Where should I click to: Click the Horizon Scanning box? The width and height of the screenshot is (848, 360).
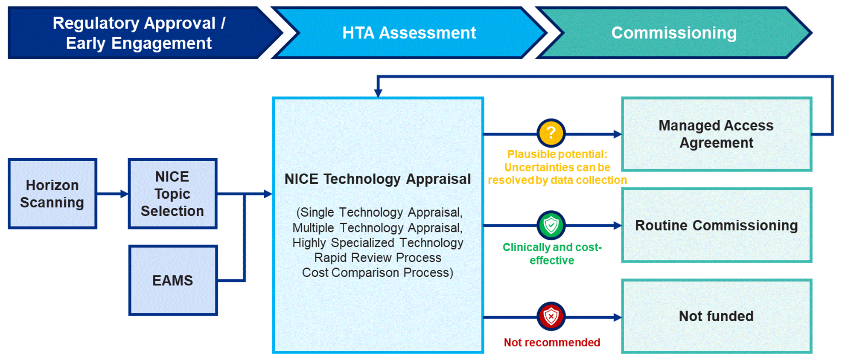click(x=52, y=194)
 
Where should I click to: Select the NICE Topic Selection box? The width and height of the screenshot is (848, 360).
click(x=172, y=194)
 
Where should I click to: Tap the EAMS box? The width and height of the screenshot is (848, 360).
click(x=173, y=280)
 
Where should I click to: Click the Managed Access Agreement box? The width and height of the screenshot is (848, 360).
click(x=717, y=134)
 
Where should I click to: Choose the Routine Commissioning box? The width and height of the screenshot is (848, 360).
click(x=717, y=225)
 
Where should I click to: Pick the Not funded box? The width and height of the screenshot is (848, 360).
click(x=717, y=316)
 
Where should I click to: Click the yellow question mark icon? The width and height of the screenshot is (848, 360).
click(x=551, y=133)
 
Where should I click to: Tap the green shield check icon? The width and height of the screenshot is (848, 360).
click(x=551, y=225)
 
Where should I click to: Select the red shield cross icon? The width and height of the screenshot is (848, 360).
click(x=551, y=316)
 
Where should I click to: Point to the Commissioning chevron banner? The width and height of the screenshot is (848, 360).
click(x=674, y=33)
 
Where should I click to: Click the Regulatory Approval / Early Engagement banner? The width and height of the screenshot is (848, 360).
click(x=141, y=33)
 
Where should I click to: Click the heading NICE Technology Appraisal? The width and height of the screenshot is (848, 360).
click(x=378, y=179)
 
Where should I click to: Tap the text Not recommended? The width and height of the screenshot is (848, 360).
click(x=552, y=343)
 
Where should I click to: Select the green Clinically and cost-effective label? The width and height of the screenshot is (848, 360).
click(x=552, y=254)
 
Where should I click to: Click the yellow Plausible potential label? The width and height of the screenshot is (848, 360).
click(x=557, y=167)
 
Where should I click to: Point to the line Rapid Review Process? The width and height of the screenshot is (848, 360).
click(x=378, y=258)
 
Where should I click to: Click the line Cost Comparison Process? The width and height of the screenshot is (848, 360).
click(x=378, y=273)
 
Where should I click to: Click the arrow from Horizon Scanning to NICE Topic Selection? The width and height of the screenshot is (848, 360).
click(x=113, y=194)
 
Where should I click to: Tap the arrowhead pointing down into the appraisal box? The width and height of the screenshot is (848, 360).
click(x=378, y=93)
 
